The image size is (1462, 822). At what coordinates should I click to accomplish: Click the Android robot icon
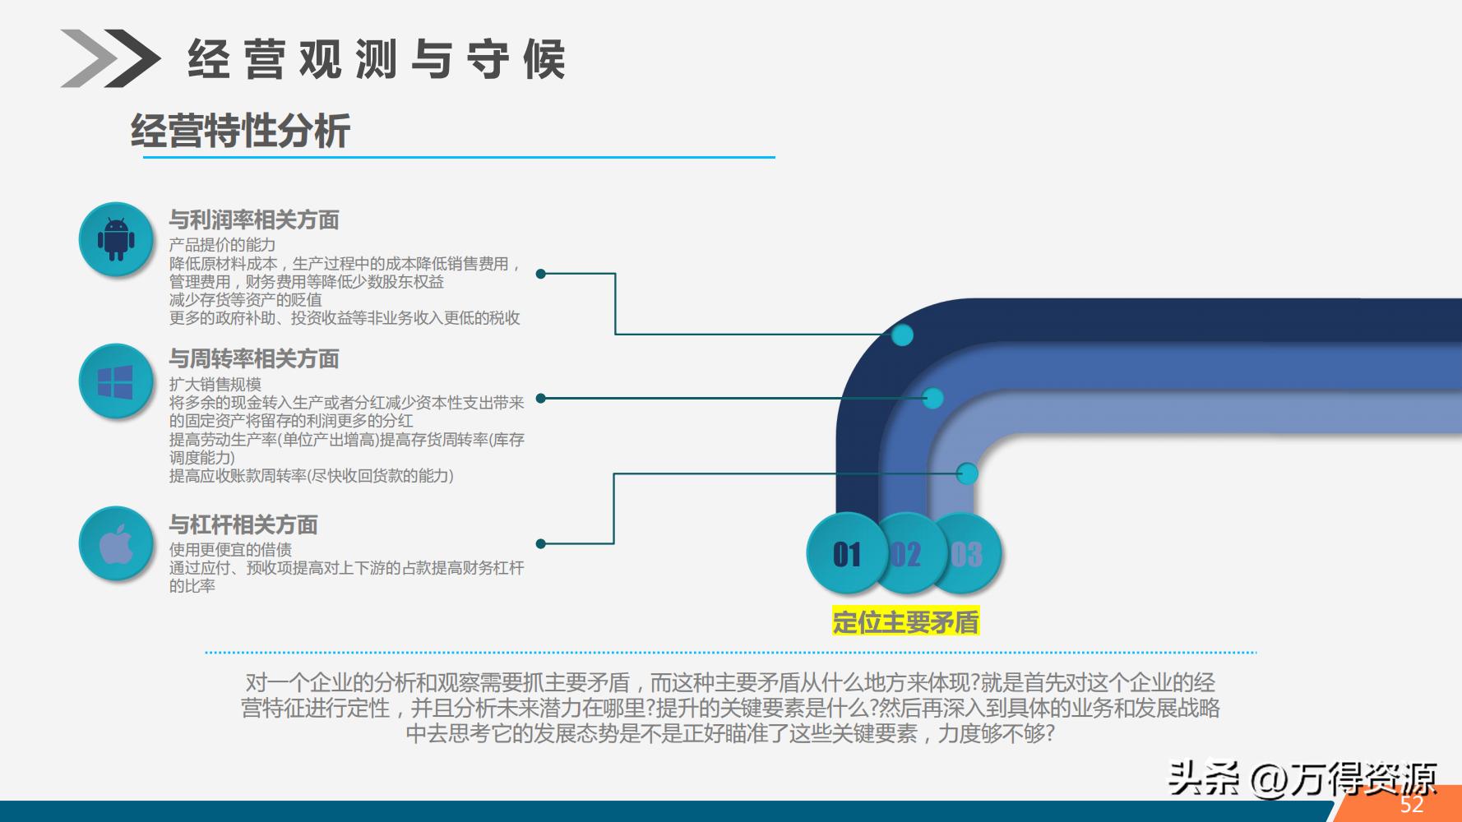click(x=116, y=239)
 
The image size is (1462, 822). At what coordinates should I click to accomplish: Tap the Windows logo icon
click(x=116, y=381)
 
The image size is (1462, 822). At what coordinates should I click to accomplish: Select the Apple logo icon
click(x=116, y=544)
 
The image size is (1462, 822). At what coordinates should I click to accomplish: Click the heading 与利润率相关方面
click(x=254, y=219)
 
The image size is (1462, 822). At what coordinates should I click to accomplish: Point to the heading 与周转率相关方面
click(x=254, y=359)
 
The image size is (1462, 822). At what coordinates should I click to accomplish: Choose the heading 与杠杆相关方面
click(x=243, y=524)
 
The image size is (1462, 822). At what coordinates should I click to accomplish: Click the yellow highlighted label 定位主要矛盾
click(x=905, y=622)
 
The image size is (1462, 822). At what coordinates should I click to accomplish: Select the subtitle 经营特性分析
click(x=240, y=132)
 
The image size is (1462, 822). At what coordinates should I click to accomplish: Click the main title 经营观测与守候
click(x=377, y=59)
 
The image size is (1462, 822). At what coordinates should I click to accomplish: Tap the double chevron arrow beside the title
click(x=110, y=58)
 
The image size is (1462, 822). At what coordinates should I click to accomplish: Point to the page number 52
click(x=1412, y=805)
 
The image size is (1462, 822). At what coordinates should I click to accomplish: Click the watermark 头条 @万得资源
click(x=1302, y=777)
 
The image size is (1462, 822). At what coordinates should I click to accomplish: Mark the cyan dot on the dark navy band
click(x=902, y=335)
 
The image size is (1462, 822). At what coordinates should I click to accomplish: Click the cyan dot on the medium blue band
click(x=932, y=399)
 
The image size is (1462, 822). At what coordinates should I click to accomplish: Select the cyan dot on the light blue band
click(x=967, y=473)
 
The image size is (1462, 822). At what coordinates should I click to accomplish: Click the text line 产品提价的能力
click(x=222, y=245)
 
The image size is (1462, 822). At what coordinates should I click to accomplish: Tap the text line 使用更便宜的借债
click(x=230, y=549)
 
